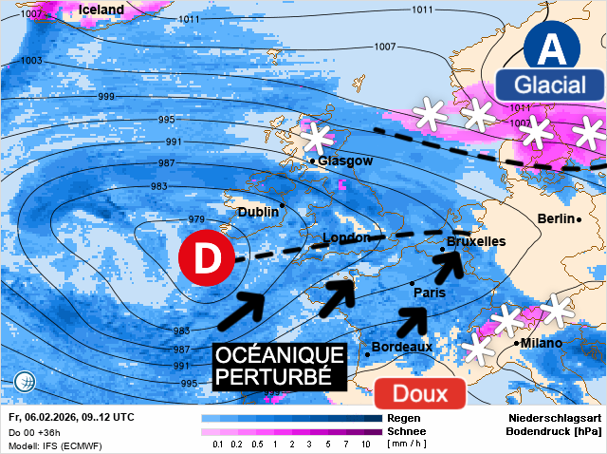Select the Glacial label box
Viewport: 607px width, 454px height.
click(x=550, y=85)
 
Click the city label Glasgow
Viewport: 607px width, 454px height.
click(x=345, y=161)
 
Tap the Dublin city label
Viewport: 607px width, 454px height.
click(x=258, y=212)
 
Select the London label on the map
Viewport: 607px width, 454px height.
click(x=346, y=237)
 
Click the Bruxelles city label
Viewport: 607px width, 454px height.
click(x=476, y=243)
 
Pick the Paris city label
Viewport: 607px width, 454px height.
click(x=430, y=293)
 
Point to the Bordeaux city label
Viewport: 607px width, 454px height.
click(x=402, y=347)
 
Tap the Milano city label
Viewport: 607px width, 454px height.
click(x=541, y=343)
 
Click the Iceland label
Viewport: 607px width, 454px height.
click(x=101, y=9)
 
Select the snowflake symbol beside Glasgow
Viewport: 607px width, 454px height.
click(x=316, y=138)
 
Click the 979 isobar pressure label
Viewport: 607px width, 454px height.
click(x=196, y=220)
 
